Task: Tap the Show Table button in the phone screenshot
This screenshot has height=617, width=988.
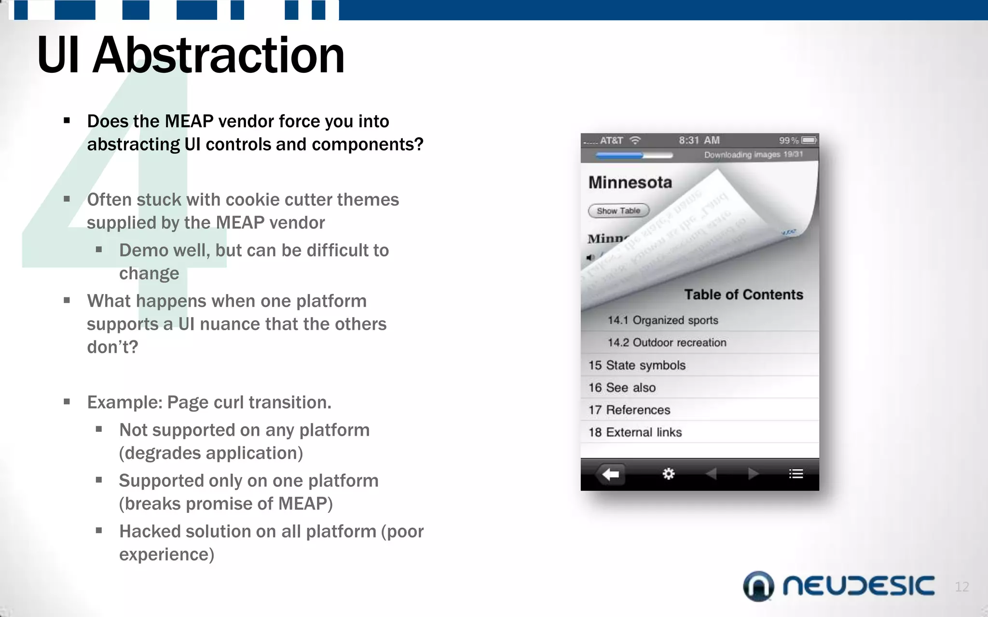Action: click(x=618, y=211)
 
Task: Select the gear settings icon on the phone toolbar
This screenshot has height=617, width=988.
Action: click(x=668, y=474)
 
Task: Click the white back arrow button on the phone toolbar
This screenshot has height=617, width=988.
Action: click(x=611, y=474)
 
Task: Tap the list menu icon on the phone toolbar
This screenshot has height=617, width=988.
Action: click(x=796, y=474)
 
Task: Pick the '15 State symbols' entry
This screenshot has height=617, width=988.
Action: click(x=637, y=365)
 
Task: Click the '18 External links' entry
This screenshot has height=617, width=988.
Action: click(x=635, y=432)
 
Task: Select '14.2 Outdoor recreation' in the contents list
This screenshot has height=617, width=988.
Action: click(x=667, y=342)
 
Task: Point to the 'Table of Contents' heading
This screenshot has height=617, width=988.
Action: click(x=743, y=295)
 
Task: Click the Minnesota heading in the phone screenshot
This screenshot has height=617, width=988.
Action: click(x=630, y=182)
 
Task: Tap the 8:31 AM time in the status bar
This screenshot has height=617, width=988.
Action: click(x=699, y=140)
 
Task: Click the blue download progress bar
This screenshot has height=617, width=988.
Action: click(x=619, y=155)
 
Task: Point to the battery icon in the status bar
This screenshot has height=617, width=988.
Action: click(x=809, y=140)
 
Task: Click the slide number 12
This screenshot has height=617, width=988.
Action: click(x=961, y=587)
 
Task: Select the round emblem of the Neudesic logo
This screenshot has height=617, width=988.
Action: click(x=758, y=586)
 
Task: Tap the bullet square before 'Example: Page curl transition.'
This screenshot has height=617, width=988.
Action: click(x=67, y=402)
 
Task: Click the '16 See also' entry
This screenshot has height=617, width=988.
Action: click(x=622, y=388)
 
